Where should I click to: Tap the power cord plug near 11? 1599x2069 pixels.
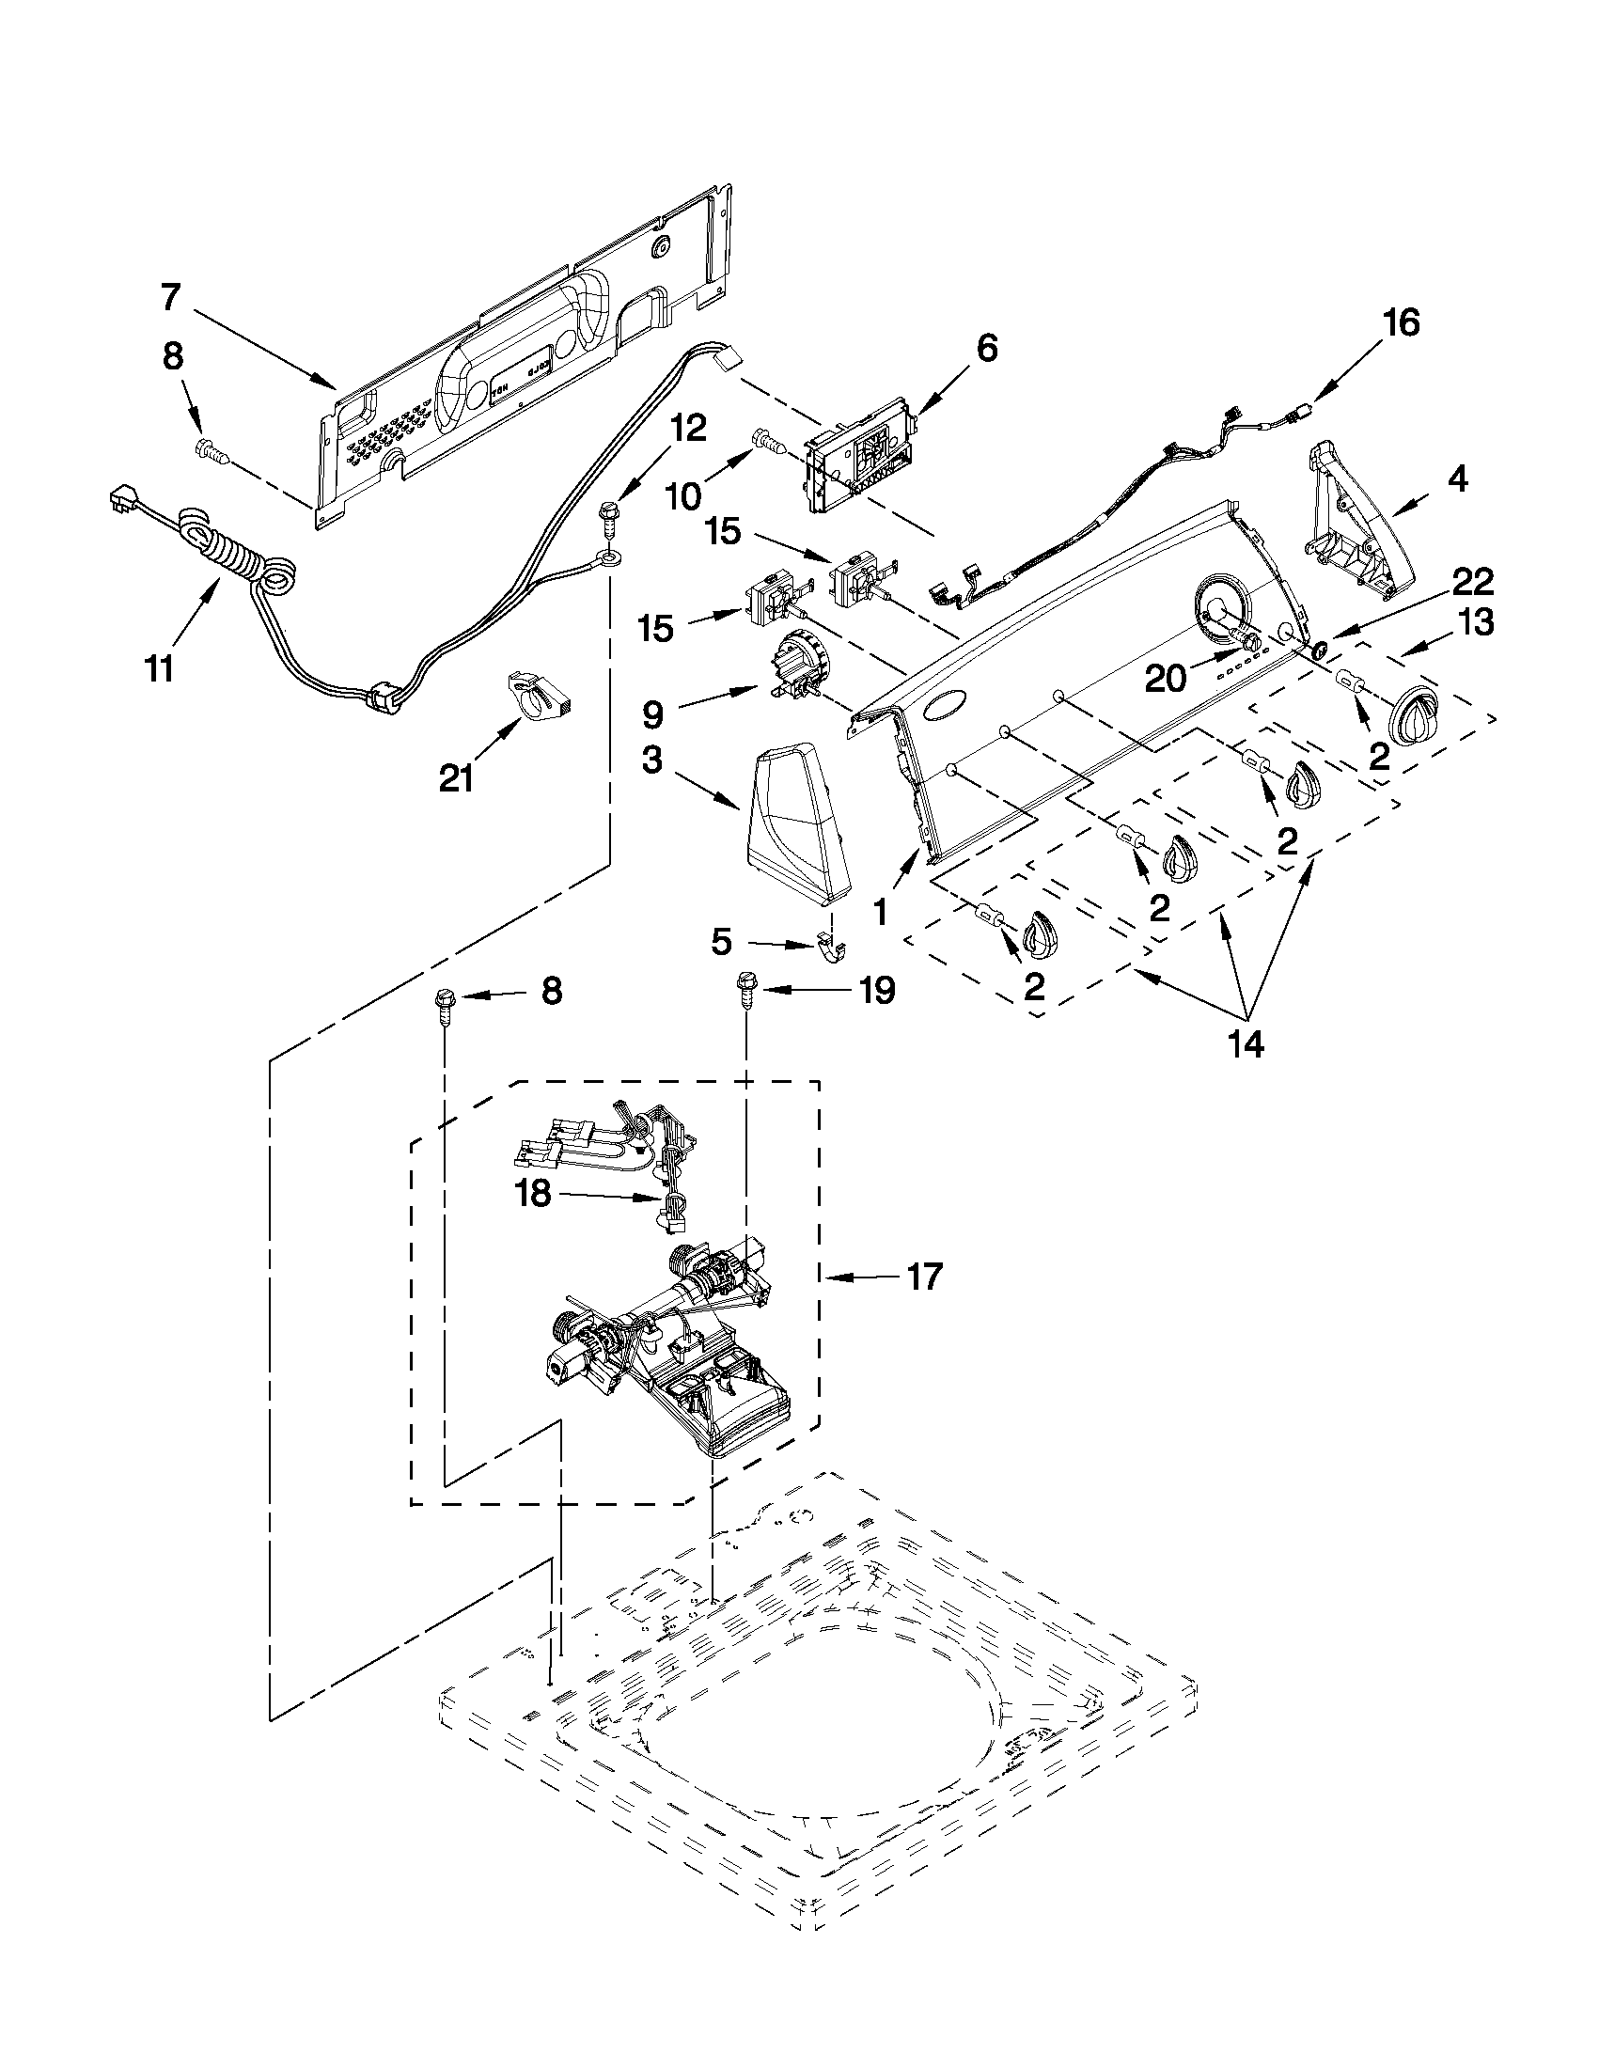tap(121, 501)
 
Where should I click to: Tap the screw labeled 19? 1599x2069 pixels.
tap(745, 995)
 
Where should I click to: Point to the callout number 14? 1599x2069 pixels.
tap(1246, 1044)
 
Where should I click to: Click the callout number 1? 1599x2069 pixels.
tap(881, 911)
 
